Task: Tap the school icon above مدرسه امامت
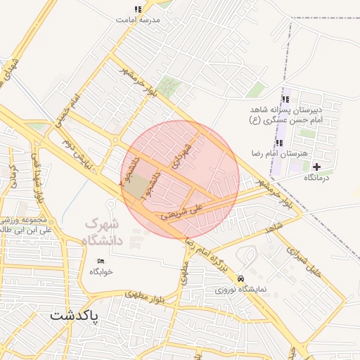click(138, 10)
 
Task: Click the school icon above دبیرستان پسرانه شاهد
click(285, 99)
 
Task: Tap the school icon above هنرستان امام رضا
click(279, 143)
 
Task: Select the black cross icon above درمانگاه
click(316, 167)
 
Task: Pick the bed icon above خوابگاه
click(100, 262)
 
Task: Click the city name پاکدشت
click(75, 316)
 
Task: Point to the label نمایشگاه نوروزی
click(240, 289)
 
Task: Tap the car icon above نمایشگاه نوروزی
click(241, 278)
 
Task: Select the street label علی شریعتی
click(181, 210)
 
